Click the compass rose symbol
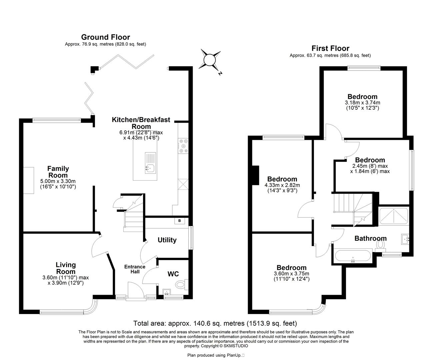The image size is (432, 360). pos(210,60)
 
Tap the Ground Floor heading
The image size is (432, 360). pos(105,37)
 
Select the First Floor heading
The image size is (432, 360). pos(330,48)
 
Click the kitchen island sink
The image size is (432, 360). pos(149,168)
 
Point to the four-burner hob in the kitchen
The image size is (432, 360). pos(183,146)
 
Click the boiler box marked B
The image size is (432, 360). pos(180,221)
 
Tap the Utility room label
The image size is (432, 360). pos(167,240)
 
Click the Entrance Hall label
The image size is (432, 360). pos(135,269)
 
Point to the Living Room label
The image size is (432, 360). pos(66,268)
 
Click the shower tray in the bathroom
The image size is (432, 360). pos(394,216)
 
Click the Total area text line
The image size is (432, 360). pos(215,323)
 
